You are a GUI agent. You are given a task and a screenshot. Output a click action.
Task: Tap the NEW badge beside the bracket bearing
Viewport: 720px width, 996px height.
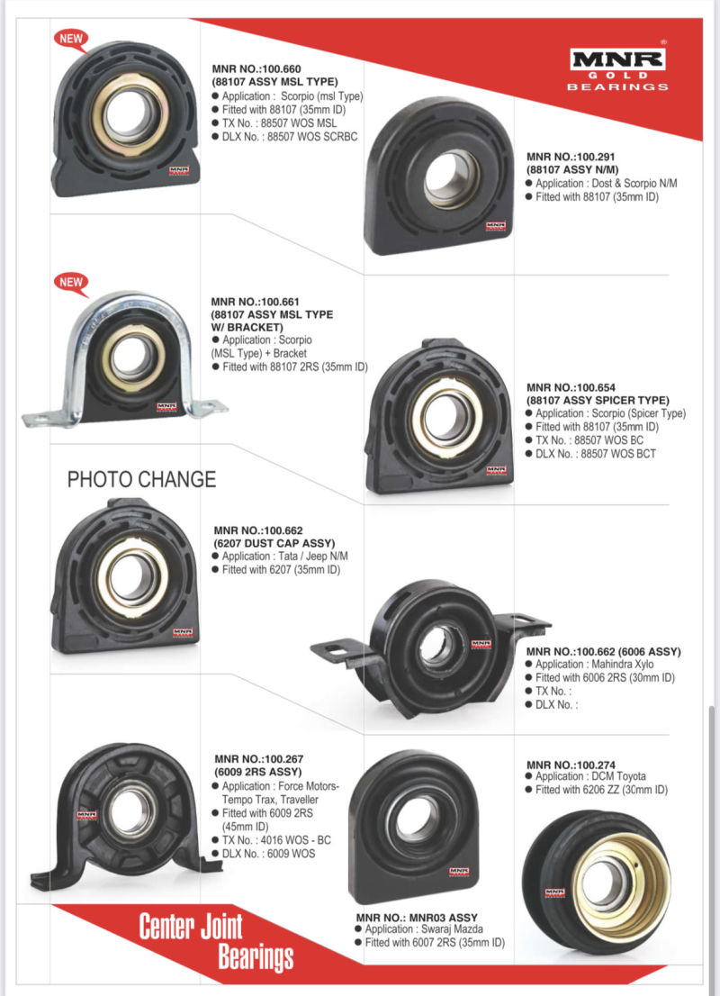pos(71,282)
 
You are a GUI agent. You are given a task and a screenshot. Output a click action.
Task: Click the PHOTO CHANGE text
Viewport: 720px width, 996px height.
pos(141,479)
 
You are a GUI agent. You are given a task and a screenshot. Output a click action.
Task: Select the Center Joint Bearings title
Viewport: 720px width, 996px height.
pos(216,941)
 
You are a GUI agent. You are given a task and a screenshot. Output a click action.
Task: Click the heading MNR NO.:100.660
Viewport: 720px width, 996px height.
pos(256,68)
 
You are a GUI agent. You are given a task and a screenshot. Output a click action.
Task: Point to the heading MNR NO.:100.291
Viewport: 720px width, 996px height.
pos(571,157)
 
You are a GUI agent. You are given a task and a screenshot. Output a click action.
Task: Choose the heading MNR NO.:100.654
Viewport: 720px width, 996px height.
pos(571,387)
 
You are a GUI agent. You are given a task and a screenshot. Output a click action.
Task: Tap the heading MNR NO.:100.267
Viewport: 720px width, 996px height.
pos(259,758)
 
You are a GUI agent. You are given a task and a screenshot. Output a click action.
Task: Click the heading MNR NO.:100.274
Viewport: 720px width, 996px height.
pos(571,765)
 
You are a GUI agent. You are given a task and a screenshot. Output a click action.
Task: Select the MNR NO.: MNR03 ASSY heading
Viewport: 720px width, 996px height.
pos(417,918)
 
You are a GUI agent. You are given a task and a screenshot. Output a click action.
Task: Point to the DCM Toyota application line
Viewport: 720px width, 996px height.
pos(585,776)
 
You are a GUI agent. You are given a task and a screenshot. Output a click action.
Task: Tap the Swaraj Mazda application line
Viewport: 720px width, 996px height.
pos(418,928)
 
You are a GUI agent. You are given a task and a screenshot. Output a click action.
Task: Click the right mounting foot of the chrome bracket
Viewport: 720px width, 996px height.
pos(208,407)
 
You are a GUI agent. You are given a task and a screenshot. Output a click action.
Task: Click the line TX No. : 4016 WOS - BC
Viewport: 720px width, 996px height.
pos(272,839)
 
